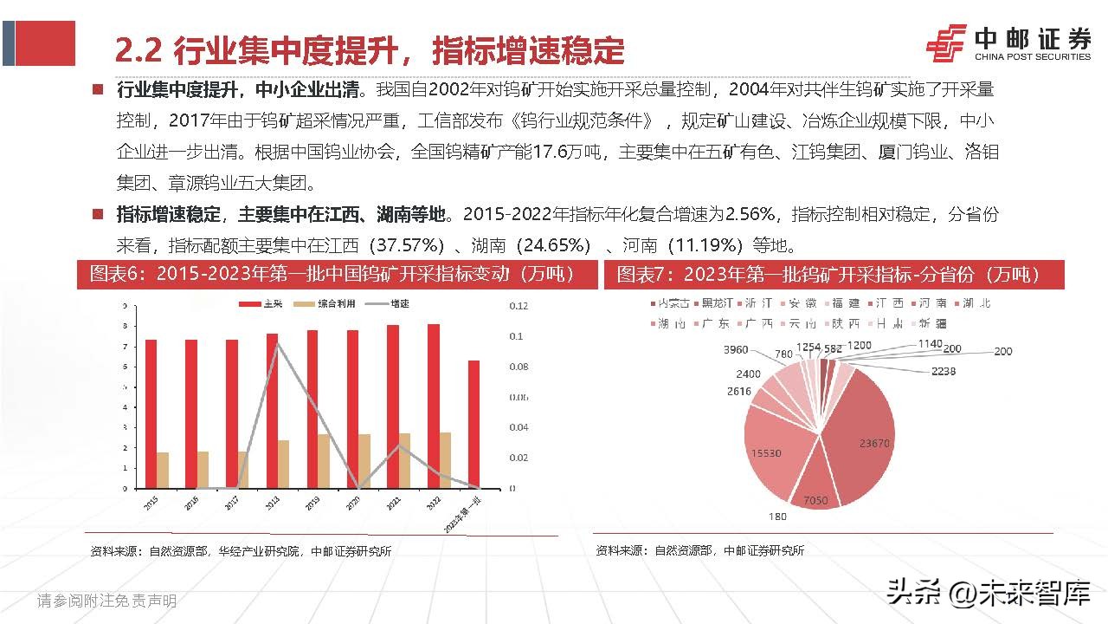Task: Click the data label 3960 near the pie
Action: [x=735, y=349]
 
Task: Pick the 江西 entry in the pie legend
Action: [x=889, y=303]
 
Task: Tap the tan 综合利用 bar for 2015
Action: [x=163, y=470]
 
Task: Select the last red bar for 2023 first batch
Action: [x=473, y=424]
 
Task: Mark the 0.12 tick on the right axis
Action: [x=518, y=306]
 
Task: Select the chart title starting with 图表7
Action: [x=828, y=275]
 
